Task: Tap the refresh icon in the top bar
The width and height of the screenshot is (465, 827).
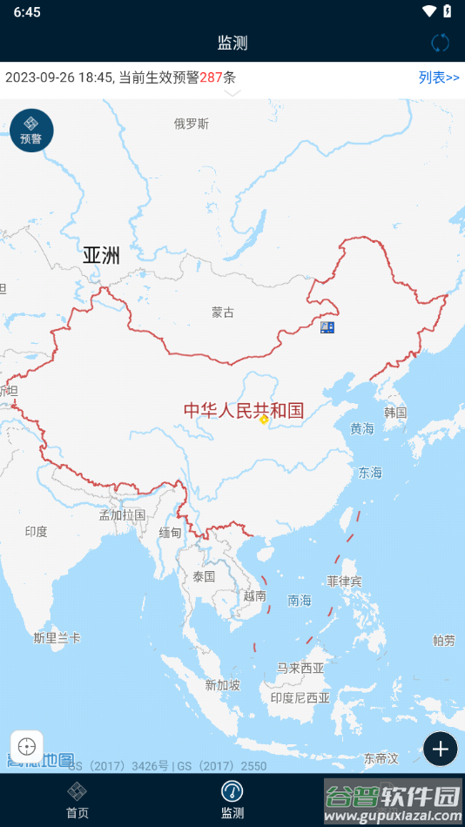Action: (x=441, y=43)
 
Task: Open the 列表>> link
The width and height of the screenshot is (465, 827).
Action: (x=439, y=77)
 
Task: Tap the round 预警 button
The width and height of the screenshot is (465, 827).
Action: (x=31, y=131)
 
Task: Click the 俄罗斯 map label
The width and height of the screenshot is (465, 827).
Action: (x=192, y=124)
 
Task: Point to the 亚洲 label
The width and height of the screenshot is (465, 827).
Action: (x=102, y=255)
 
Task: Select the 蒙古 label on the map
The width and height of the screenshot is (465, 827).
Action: (x=223, y=313)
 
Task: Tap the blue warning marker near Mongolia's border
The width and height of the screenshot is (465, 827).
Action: (x=327, y=327)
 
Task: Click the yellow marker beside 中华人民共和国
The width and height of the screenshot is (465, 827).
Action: (x=264, y=419)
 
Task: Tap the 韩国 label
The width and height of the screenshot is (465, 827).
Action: (x=395, y=413)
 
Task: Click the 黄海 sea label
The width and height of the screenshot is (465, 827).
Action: (x=362, y=428)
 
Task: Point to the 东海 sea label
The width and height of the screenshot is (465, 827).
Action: (x=370, y=473)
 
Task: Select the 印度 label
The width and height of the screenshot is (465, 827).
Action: (x=36, y=531)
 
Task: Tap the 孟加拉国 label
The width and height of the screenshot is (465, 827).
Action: (x=122, y=515)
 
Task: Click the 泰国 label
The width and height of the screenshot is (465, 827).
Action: (x=204, y=576)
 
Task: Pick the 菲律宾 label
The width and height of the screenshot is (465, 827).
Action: (x=344, y=581)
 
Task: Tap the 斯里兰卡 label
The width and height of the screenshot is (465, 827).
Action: (x=57, y=638)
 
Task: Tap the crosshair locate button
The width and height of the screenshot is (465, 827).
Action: (x=27, y=747)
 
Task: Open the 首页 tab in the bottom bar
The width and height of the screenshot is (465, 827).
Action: (x=77, y=800)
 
